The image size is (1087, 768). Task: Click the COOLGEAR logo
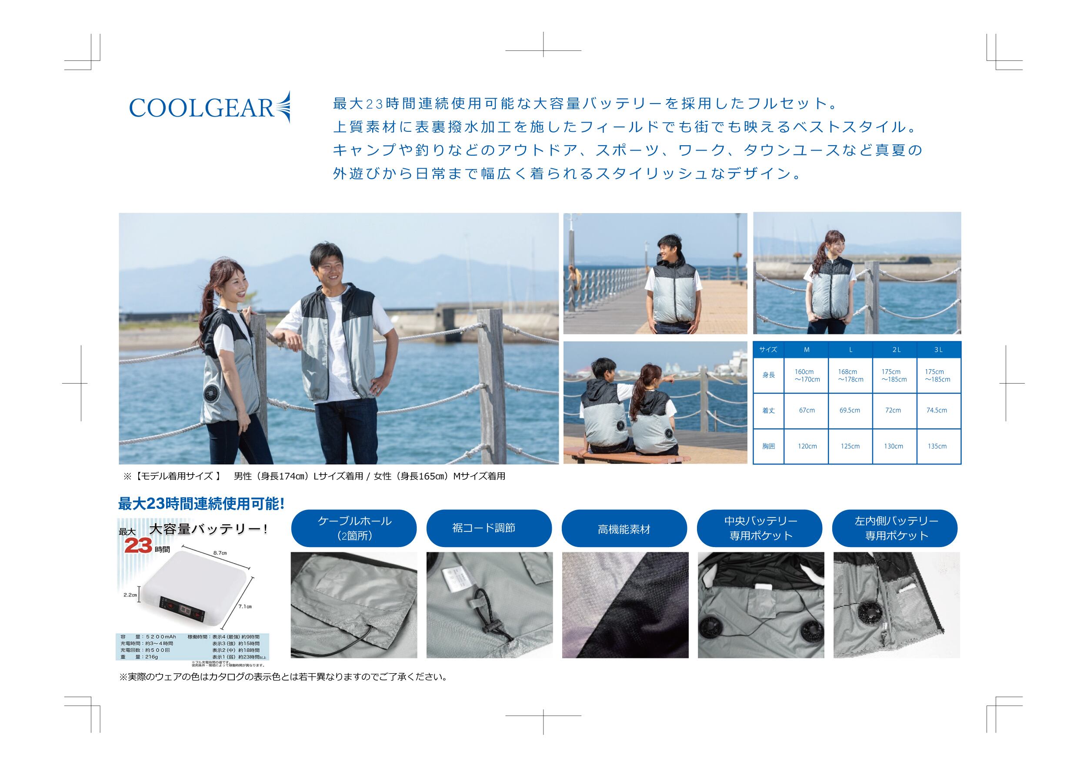coord(209,108)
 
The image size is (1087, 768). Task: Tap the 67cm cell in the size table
coord(807,410)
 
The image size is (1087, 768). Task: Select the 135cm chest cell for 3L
coord(937,446)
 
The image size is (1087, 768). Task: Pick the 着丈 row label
coord(768,411)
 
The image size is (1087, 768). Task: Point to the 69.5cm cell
coord(850,410)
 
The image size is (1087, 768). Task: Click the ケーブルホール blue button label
coord(354,528)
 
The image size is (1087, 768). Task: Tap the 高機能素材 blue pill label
coord(624,529)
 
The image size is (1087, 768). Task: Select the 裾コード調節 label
coord(483,528)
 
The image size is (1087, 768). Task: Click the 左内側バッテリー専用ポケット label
coord(896,528)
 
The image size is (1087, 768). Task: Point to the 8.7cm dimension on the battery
coord(220,553)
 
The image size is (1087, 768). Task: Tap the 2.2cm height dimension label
coord(130,595)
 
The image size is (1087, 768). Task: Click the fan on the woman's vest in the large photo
coord(212,394)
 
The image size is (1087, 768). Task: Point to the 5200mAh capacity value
coord(161,637)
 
